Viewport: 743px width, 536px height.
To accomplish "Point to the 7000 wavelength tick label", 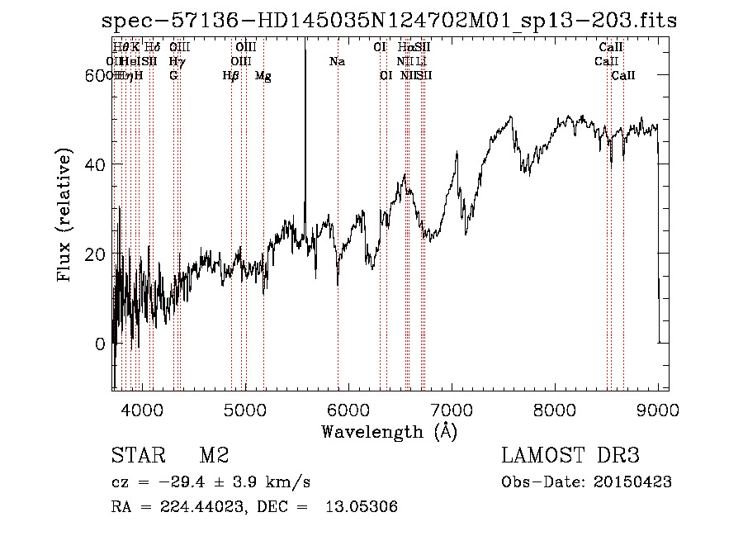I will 452,410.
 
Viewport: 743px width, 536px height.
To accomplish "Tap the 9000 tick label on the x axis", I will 658,410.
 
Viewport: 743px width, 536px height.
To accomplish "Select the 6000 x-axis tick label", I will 348,410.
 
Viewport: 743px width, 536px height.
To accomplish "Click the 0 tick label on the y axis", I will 100,344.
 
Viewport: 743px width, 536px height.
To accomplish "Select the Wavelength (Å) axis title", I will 389,431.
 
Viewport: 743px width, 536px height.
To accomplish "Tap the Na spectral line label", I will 337,61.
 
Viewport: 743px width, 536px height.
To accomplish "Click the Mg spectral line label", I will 263,76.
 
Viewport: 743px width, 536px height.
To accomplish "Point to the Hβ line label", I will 231,76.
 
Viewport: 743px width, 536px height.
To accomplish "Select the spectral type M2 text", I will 214,456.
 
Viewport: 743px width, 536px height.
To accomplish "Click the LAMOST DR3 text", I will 570,456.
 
